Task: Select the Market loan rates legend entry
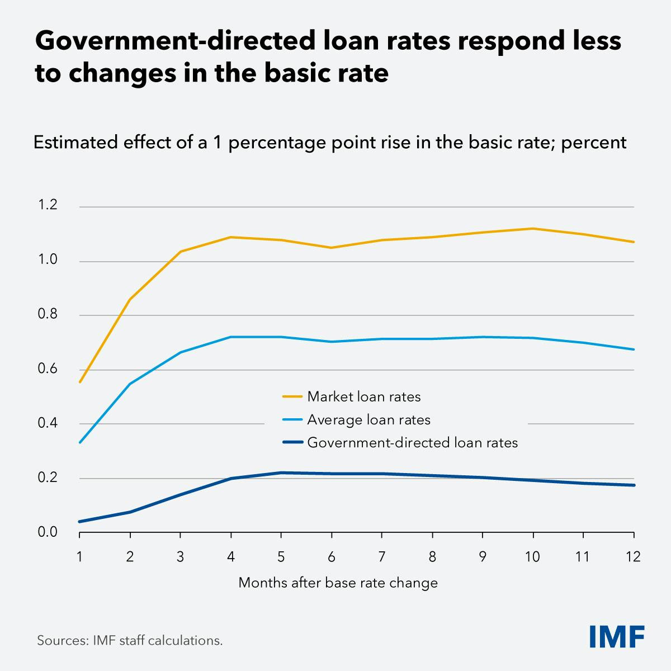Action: [363, 397]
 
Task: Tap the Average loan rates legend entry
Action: [368, 420]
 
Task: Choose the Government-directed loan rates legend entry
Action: [412, 443]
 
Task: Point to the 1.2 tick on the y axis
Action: [48, 205]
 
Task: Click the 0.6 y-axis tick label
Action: [48, 369]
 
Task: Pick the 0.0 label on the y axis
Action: [48, 532]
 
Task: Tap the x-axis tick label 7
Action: [382, 557]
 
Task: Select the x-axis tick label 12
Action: [633, 557]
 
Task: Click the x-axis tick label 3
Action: [180, 557]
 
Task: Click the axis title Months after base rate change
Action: [338, 583]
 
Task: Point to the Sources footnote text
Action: [130, 640]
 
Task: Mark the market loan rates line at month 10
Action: [533, 228]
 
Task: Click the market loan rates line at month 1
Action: [80, 382]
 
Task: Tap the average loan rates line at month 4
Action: [230, 337]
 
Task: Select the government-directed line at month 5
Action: [281, 472]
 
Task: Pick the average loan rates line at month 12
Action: [634, 349]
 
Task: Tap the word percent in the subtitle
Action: [593, 142]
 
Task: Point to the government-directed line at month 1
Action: [80, 522]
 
